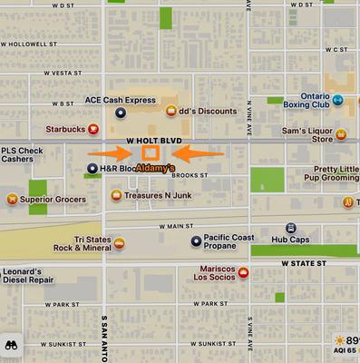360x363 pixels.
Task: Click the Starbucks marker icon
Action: click(93, 129)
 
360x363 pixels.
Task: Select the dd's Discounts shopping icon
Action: click(170, 111)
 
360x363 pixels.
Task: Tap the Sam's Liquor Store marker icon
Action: click(341, 135)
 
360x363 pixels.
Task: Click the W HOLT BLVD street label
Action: click(154, 142)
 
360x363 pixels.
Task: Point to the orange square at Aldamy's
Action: click(149, 154)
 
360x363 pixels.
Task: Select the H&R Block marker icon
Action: click(92, 169)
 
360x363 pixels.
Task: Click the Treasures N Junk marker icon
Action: click(116, 195)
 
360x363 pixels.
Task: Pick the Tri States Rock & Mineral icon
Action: click(119, 242)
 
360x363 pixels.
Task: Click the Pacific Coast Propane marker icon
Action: click(196, 240)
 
